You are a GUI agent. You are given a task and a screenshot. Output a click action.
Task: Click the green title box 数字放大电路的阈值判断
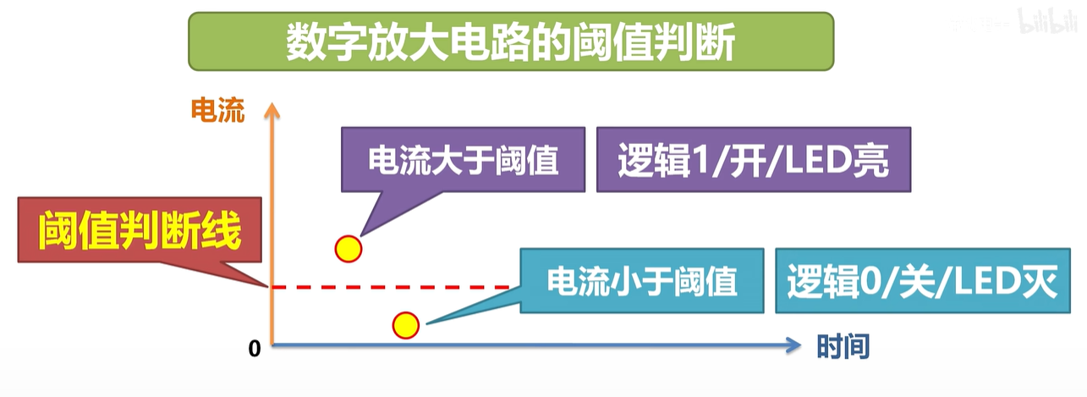510,41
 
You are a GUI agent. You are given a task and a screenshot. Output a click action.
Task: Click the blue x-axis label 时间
843,346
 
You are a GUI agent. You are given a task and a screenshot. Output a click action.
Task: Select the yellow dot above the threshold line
348,249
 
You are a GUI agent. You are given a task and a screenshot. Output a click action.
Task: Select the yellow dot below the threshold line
405,325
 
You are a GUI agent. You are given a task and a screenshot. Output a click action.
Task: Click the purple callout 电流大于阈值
464,160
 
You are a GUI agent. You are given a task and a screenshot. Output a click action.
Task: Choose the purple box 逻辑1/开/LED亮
753,160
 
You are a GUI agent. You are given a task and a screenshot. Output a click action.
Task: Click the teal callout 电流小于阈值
641,281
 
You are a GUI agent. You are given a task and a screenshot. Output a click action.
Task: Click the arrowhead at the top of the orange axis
272,108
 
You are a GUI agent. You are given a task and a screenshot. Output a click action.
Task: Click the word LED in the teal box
991,282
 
